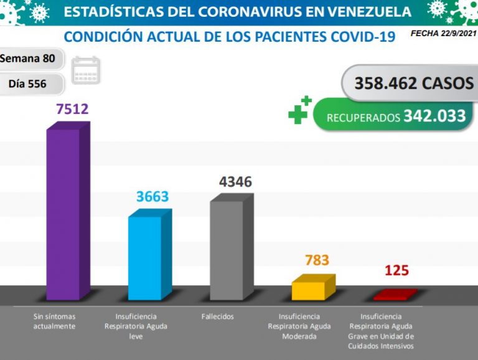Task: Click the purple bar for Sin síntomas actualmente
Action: (x=64, y=212)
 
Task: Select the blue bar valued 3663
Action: (x=145, y=257)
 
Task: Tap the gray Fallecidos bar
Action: (x=227, y=249)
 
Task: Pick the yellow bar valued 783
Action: (x=309, y=290)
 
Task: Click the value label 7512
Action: (x=72, y=110)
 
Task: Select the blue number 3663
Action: (x=152, y=197)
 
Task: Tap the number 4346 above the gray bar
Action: (x=235, y=182)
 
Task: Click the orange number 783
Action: (x=317, y=260)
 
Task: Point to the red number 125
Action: (x=396, y=270)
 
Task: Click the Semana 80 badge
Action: (x=27, y=59)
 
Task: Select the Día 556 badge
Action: (x=29, y=83)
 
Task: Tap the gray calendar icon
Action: (x=86, y=70)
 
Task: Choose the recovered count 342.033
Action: (x=434, y=116)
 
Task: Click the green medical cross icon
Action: (x=300, y=110)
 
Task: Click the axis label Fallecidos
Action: (x=218, y=316)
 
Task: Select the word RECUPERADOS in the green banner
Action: (x=363, y=117)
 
